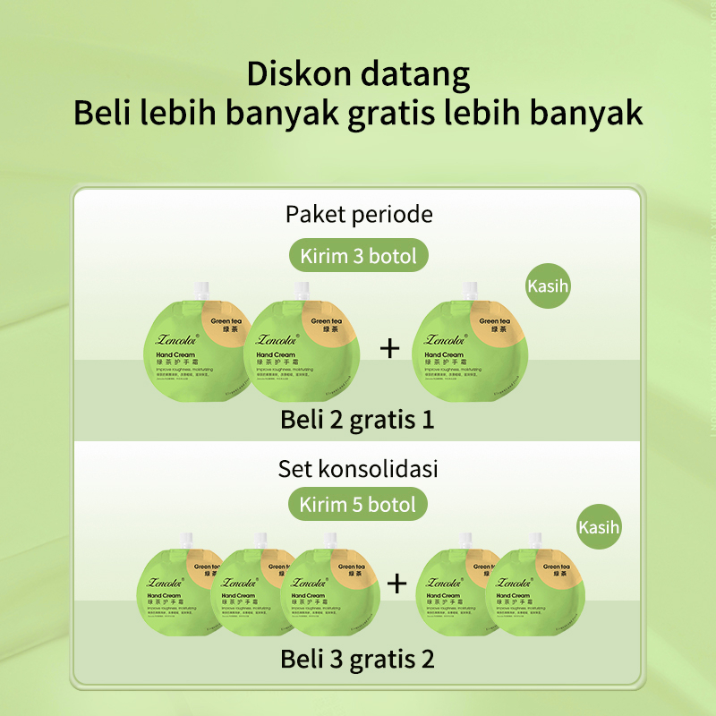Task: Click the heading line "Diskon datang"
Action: pyautogui.click(x=358, y=73)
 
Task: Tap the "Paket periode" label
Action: pyautogui.click(x=358, y=215)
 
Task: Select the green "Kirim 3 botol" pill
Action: pyautogui.click(x=358, y=256)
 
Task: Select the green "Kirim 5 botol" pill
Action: pyautogui.click(x=358, y=504)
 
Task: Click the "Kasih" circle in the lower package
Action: pyautogui.click(x=599, y=526)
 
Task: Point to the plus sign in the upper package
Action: pyautogui.click(x=389, y=348)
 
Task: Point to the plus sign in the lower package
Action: pyautogui.click(x=396, y=584)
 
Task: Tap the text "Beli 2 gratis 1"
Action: pyautogui.click(x=358, y=419)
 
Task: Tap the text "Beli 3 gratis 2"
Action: pyautogui.click(x=358, y=660)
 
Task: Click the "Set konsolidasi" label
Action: pyautogui.click(x=358, y=468)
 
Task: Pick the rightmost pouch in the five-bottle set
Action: pyautogui.click(x=537, y=591)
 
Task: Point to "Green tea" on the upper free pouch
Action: pyautogui.click(x=494, y=321)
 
